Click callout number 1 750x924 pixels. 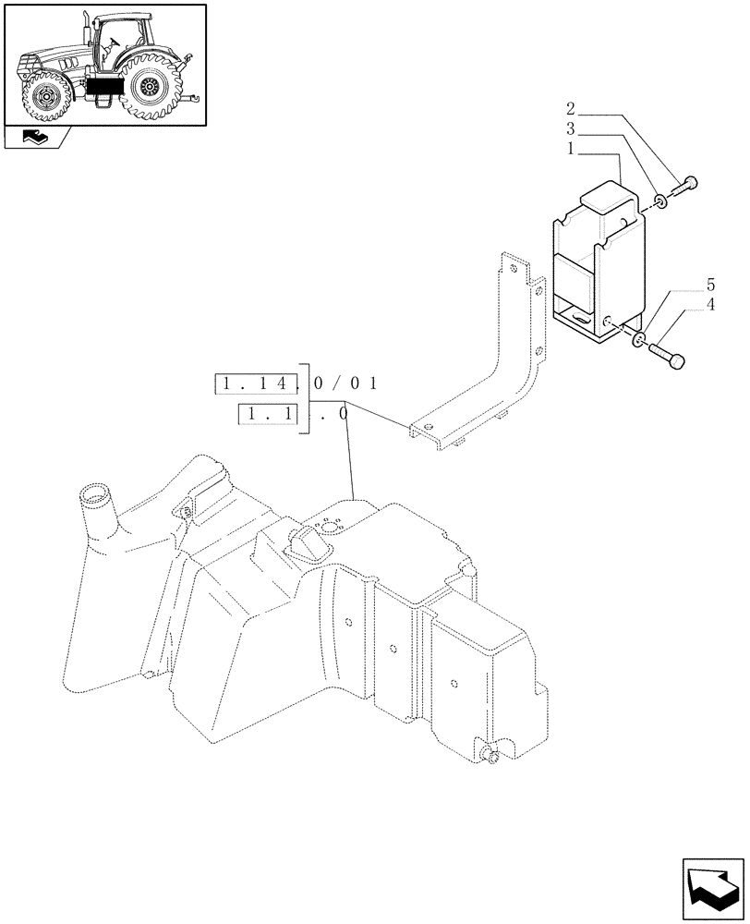point(572,147)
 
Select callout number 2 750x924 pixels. point(572,109)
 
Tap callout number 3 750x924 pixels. point(572,128)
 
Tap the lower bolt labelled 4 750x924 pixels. point(669,356)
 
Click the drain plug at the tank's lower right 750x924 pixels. point(492,758)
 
